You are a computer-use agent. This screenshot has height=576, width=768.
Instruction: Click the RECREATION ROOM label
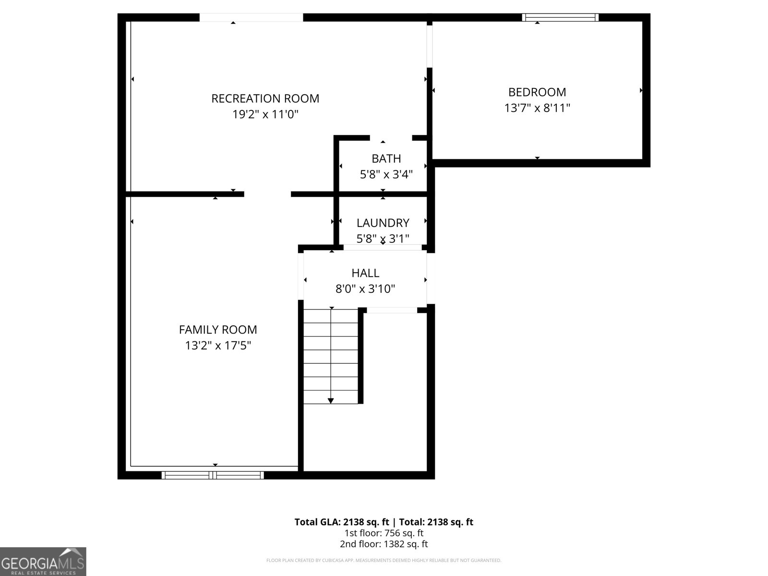point(265,98)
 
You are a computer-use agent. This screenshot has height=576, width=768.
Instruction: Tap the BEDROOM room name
point(537,92)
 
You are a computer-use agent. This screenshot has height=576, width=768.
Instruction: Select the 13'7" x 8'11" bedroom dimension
point(537,108)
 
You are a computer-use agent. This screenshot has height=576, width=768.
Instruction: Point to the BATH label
point(386,159)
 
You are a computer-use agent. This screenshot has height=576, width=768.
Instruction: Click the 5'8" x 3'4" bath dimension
point(386,175)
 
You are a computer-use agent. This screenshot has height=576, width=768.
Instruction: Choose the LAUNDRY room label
point(383,223)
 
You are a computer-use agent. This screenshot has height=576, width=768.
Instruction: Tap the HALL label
point(365,273)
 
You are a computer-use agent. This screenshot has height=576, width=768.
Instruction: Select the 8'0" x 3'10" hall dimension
point(365,289)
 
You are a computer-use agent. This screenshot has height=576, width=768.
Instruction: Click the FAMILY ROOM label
point(218,330)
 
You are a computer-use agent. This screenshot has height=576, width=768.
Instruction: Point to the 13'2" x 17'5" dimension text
point(218,346)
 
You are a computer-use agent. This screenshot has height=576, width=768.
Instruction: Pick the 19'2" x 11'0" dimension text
point(265,114)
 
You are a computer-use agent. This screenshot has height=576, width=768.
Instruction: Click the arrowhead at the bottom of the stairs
point(331,401)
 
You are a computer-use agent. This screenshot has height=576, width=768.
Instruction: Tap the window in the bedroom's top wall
point(560,17)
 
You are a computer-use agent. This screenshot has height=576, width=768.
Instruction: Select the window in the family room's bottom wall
point(213,475)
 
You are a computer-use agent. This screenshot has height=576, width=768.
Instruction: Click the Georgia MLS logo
point(43,562)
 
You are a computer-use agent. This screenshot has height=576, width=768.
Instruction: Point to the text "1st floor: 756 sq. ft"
point(384,533)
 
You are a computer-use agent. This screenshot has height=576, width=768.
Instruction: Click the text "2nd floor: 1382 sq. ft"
point(384,544)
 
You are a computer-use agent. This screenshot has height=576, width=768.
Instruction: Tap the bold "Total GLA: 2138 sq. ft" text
point(341,522)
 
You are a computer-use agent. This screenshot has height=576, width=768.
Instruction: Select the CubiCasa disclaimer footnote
point(384,560)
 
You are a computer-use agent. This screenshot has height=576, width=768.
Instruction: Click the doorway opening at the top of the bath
point(391,138)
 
